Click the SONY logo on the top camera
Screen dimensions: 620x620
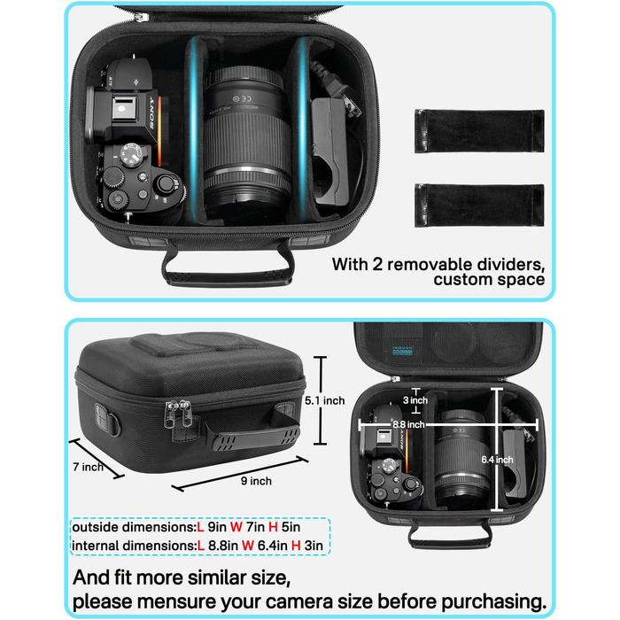coord(151,112)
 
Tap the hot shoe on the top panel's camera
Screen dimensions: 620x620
coord(125,108)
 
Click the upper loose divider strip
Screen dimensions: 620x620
coord(479,131)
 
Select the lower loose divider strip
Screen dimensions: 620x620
coord(479,205)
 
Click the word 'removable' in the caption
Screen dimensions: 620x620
coord(428,265)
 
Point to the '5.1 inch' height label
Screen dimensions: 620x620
coord(325,400)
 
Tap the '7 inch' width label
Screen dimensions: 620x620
coord(88,467)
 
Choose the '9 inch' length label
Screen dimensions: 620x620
coord(256,481)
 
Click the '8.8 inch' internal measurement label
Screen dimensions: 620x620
coord(408,424)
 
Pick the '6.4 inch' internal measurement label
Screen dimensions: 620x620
coord(497,460)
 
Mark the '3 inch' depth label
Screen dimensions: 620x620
coord(415,400)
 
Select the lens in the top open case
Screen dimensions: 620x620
coord(247,143)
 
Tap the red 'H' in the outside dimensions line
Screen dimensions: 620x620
coord(273,527)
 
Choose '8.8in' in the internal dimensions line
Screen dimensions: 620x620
coord(223,546)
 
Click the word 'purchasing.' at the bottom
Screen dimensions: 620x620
coord(494,602)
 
